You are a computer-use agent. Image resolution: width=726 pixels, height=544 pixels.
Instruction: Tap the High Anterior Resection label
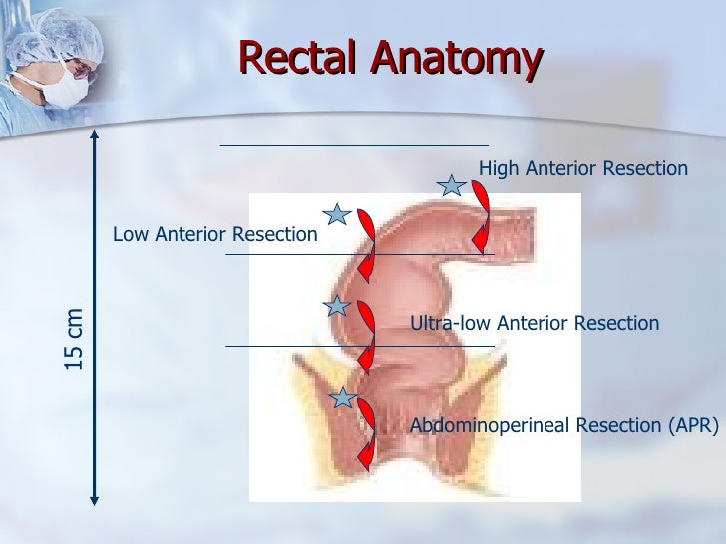tap(583, 169)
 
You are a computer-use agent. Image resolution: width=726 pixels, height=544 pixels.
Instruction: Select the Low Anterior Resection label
tap(214, 235)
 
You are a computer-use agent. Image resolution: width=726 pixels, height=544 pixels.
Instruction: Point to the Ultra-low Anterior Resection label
tap(535, 323)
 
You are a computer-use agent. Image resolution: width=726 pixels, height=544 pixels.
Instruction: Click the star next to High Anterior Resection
tap(453, 185)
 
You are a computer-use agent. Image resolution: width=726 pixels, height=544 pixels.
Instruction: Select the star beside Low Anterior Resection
tap(337, 214)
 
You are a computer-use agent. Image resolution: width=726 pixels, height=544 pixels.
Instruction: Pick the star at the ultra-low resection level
tap(337, 306)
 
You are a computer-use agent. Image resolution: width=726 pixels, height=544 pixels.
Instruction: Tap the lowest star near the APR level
tap(344, 399)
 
